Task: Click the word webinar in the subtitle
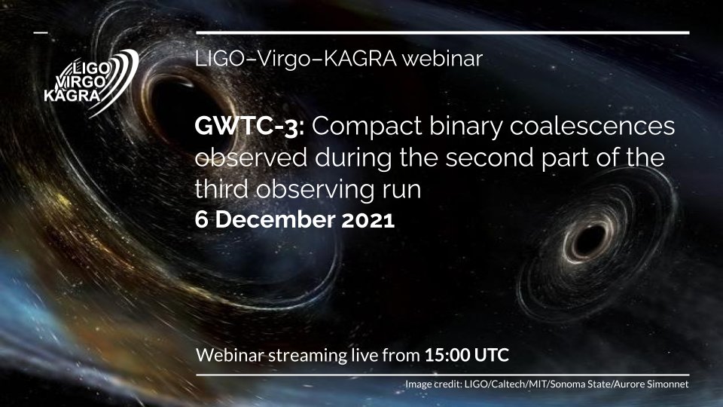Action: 443,59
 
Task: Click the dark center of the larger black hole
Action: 172,106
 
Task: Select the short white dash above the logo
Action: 40,32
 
